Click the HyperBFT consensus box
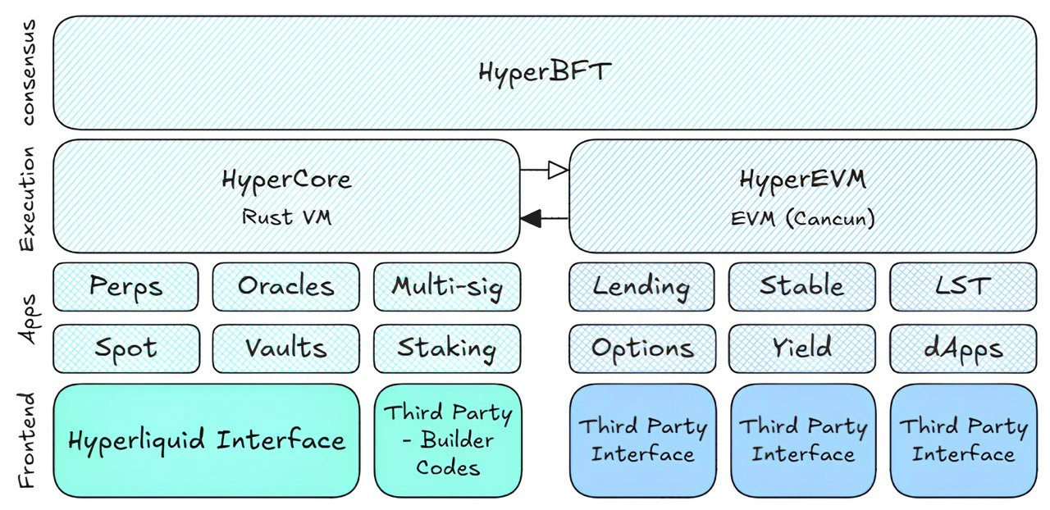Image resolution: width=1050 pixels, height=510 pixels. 544,72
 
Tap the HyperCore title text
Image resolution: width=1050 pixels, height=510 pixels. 286,179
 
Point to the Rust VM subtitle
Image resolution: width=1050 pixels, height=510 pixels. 286,217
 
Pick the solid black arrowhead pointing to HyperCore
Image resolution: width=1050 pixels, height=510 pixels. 532,218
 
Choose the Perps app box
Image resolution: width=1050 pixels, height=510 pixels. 126,286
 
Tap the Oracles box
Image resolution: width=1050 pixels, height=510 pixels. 285,286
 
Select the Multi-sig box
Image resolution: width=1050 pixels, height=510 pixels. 446,286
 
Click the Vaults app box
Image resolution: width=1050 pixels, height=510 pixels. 285,348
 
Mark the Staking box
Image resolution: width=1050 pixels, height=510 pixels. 446,348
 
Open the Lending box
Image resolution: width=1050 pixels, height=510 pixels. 641,286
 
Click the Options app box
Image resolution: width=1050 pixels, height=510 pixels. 641,348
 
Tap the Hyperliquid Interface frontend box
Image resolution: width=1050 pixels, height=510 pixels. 206,440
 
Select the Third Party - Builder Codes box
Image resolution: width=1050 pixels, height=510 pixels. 446,440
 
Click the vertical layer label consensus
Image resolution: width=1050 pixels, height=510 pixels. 29,72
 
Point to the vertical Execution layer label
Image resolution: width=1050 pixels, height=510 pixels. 29,198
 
